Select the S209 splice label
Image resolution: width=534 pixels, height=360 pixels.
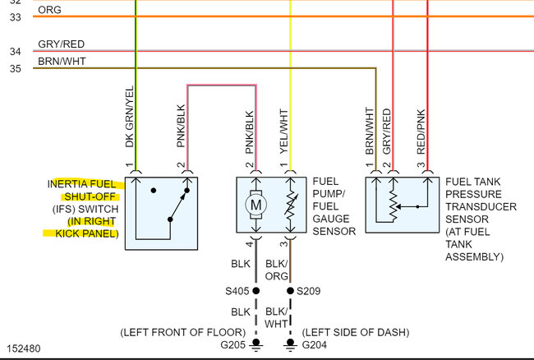[x=308, y=291]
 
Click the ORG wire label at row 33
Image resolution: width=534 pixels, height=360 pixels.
[x=49, y=11]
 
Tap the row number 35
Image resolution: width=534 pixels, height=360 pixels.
[x=15, y=68]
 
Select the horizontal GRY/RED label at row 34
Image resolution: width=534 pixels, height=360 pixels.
[x=61, y=44]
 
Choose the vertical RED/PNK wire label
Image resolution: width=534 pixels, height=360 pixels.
[x=421, y=132]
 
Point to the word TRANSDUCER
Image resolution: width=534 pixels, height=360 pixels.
[x=481, y=207]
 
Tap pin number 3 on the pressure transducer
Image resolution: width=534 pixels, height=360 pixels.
[x=422, y=167]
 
